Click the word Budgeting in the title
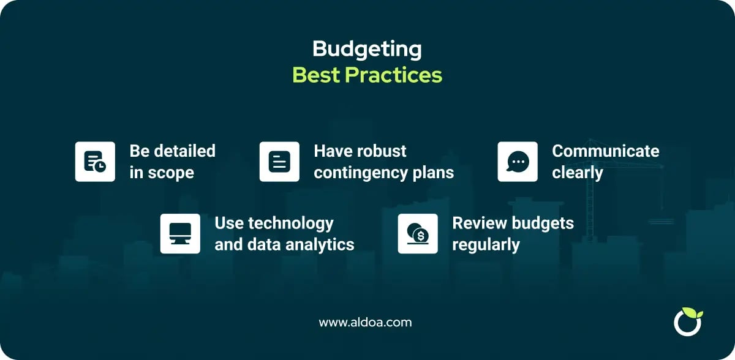[367, 50]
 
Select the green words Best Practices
[367, 75]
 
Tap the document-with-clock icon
[95, 162]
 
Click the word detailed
[185, 151]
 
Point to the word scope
[171, 173]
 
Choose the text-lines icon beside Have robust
[279, 162]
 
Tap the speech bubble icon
[518, 162]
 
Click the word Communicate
[605, 151]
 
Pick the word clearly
[578, 173]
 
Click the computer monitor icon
[180, 234]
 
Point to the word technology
[291, 224]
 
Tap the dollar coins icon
[418, 234]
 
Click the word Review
[480, 223]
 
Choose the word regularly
[486, 246]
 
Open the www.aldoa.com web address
[365, 322]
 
